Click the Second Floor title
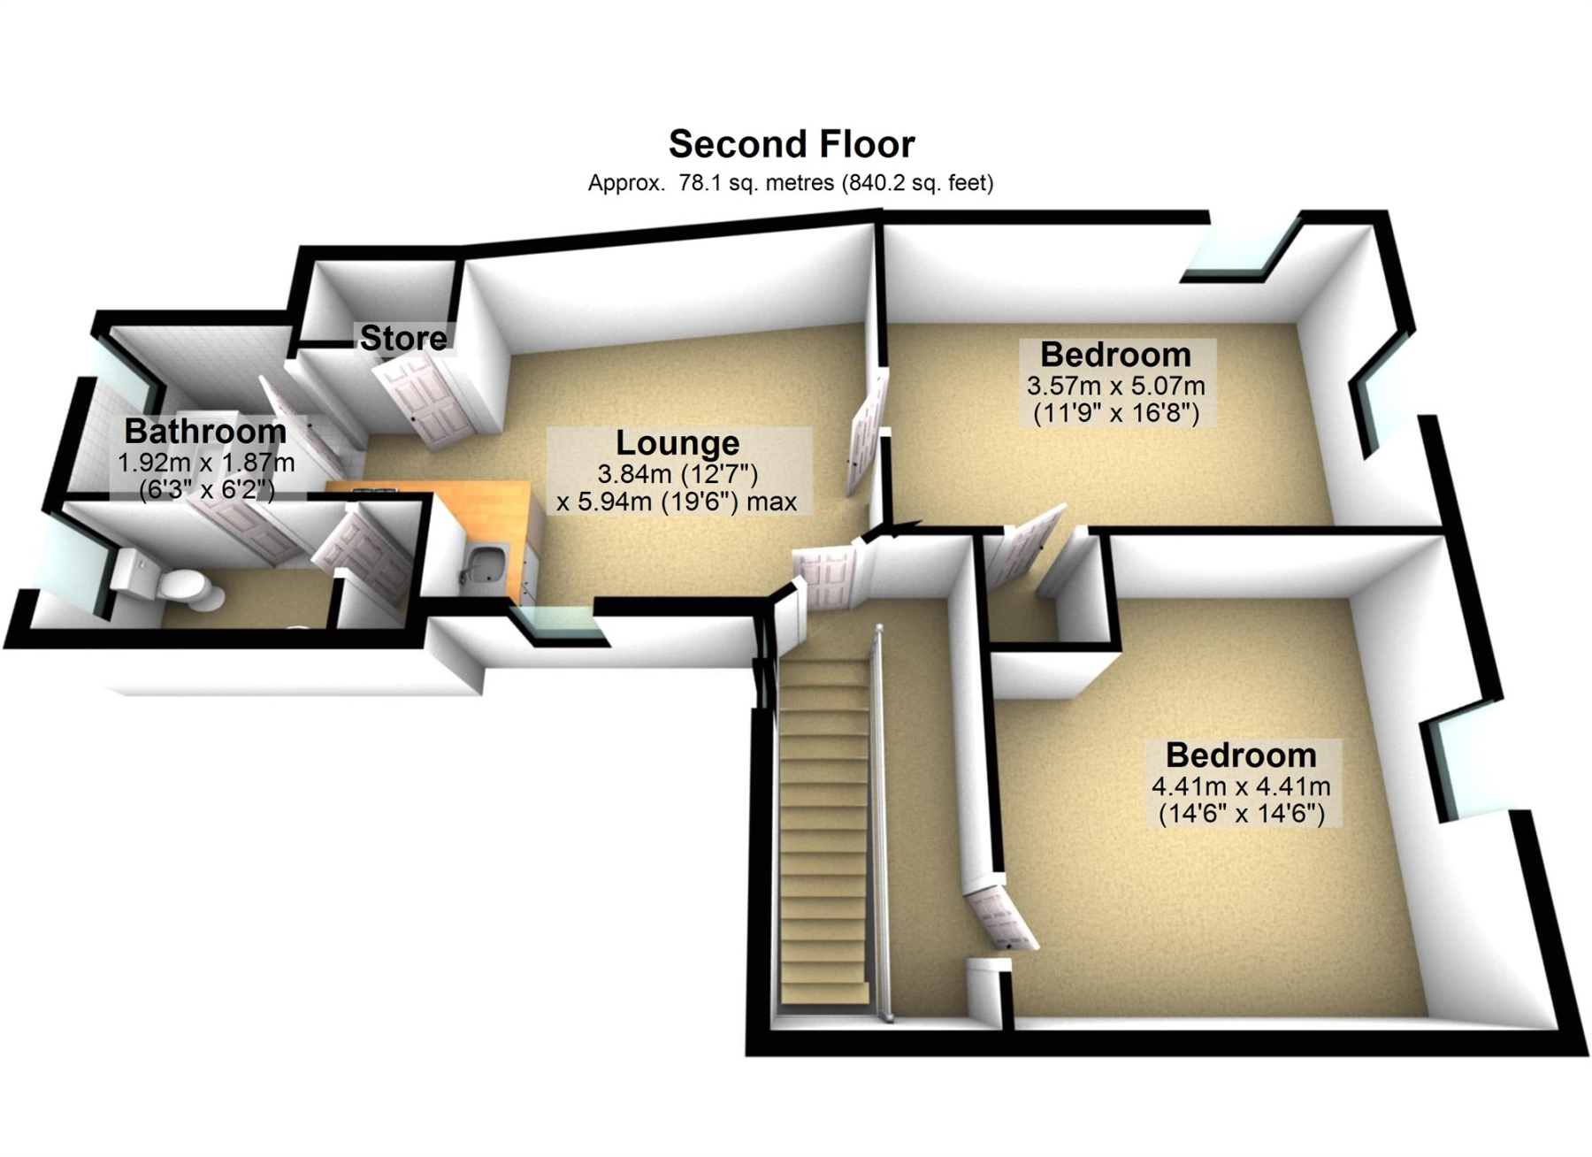[792, 143]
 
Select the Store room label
[403, 337]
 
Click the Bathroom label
[205, 431]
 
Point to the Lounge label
[677, 442]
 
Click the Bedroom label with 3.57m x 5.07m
[1115, 354]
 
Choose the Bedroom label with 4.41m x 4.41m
[1241, 755]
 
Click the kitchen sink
[483, 564]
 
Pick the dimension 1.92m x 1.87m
[206, 463]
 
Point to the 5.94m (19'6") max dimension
[677, 502]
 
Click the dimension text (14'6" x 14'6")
[1241, 813]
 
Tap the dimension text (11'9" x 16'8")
[1116, 412]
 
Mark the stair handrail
[882, 823]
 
